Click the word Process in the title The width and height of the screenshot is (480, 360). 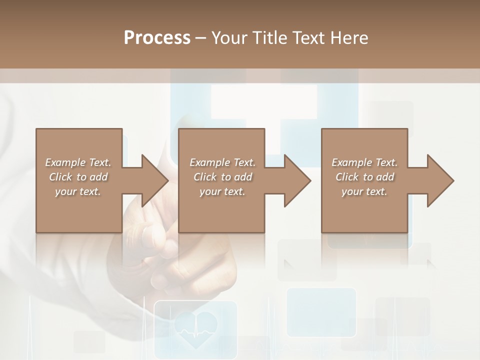(x=157, y=38)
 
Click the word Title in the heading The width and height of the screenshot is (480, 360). (x=269, y=38)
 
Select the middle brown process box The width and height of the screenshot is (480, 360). (x=221, y=210)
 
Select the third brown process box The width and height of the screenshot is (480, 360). (x=364, y=210)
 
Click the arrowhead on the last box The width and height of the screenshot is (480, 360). (x=439, y=180)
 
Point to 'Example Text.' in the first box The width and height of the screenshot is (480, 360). (x=78, y=162)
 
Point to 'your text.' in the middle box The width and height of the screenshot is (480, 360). (x=222, y=191)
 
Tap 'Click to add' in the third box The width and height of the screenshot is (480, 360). (x=364, y=177)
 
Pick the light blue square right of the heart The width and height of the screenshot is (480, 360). (x=321, y=311)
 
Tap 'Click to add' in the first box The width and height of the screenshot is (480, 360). (x=78, y=177)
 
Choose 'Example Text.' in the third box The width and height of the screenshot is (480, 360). (x=364, y=162)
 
